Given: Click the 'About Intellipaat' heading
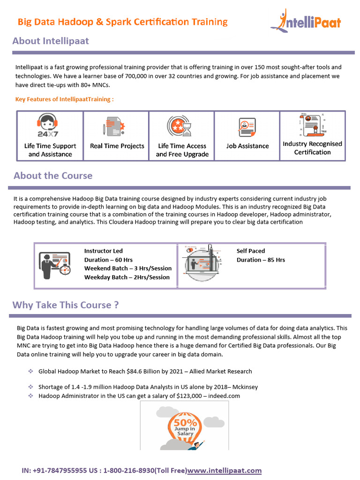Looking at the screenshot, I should [51, 41].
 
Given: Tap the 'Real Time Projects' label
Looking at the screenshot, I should [117, 146].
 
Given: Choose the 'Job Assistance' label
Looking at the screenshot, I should [247, 146].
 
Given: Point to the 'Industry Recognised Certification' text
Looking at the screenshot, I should [312, 148].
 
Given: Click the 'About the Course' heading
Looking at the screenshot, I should [53, 176].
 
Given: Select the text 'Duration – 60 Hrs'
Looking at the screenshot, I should [108, 260].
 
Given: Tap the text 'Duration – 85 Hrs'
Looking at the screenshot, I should [261, 260].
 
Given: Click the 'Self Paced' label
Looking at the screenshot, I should [251, 251].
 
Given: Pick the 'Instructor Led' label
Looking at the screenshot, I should [104, 251].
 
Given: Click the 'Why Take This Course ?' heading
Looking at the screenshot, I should [65, 305].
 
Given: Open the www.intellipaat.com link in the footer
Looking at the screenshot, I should [224, 470].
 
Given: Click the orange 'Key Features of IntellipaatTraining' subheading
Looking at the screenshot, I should [65, 99].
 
